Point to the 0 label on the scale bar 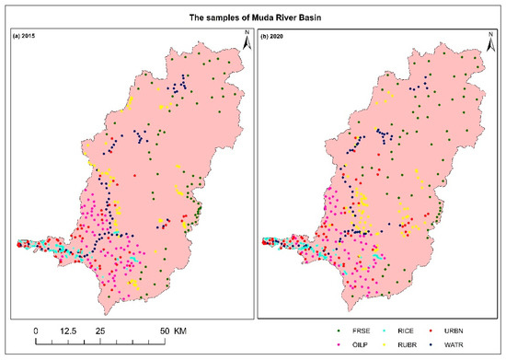36,329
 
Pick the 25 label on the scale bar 98,329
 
